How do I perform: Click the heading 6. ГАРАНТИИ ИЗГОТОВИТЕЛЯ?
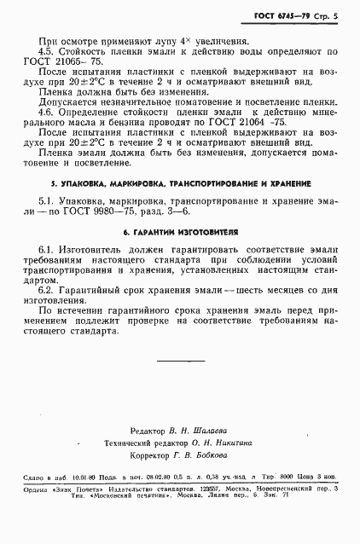pos(180,256)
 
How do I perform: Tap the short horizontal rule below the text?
pos(179,385)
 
